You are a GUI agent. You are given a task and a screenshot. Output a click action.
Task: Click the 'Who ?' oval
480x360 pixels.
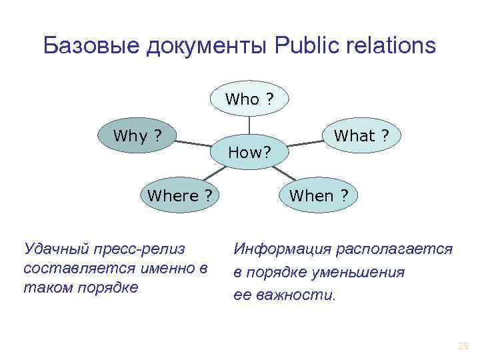(x=249, y=99)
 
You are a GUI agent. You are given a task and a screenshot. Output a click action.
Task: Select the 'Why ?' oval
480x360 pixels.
(x=137, y=136)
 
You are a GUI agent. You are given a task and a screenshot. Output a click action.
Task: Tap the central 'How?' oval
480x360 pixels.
(x=249, y=153)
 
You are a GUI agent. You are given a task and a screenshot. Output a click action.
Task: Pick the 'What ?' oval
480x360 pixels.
(x=362, y=136)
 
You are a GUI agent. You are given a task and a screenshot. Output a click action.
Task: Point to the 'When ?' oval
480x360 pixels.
(x=319, y=196)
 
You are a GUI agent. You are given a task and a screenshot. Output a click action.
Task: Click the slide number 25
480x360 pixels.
(x=463, y=345)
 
